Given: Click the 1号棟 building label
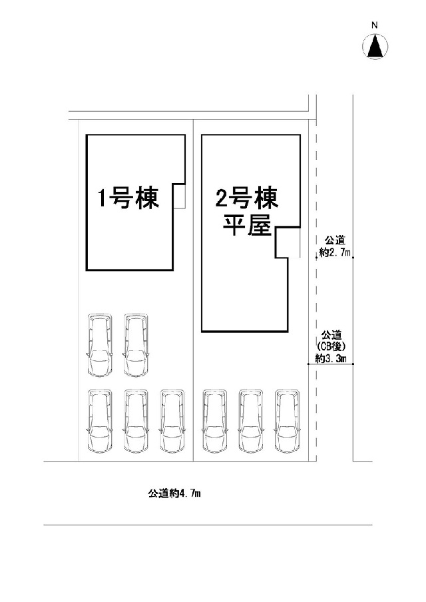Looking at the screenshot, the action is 128,198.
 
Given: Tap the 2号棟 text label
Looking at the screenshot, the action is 247,198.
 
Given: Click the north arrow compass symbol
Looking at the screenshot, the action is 375,46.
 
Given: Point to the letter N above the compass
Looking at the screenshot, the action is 375,26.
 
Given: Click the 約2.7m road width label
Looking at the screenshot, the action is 335,253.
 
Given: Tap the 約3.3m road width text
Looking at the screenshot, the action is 331,358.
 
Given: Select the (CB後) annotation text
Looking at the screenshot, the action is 331,346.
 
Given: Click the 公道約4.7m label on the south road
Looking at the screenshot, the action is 174,493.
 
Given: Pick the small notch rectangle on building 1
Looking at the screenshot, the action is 180,196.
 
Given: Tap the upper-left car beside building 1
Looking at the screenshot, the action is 100,345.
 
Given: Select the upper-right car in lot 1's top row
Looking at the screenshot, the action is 136,345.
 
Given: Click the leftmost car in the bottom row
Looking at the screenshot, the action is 100,421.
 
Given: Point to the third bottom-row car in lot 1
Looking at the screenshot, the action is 172,421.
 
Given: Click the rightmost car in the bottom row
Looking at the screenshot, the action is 288,421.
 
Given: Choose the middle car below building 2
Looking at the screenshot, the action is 252,421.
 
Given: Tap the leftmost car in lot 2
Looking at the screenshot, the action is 215,421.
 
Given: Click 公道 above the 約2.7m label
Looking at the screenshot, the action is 335,241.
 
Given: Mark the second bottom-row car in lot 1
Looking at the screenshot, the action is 136,421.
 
